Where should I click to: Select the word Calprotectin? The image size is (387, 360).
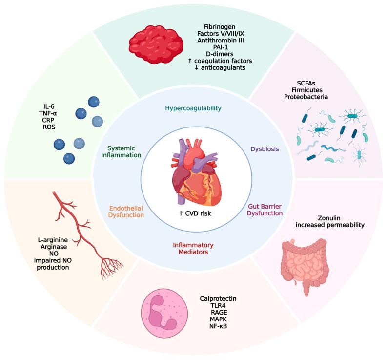[x=218, y=298]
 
